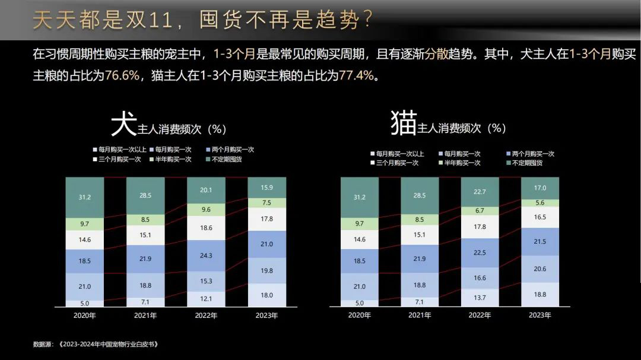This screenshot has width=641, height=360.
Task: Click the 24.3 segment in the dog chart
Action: click(x=206, y=256)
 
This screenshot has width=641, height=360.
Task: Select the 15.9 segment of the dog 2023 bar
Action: click(x=266, y=188)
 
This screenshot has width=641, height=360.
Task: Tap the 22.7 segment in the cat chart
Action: click(x=480, y=192)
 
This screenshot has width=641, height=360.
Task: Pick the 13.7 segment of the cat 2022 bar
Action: click(x=480, y=297)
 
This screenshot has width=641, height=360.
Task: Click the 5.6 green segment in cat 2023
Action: click(x=540, y=202)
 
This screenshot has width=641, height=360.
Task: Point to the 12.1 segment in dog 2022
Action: click(x=206, y=298)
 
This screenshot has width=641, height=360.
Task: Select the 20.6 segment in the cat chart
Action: click(x=540, y=269)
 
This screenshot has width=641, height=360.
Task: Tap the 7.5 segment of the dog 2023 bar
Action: click(x=266, y=203)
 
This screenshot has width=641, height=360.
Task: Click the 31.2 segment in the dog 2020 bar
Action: click(x=85, y=197)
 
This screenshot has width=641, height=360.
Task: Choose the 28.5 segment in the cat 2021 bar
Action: click(x=420, y=195)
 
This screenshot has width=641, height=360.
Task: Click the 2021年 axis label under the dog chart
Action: click(x=145, y=316)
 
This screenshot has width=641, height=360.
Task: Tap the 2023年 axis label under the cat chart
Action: click(x=540, y=316)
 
